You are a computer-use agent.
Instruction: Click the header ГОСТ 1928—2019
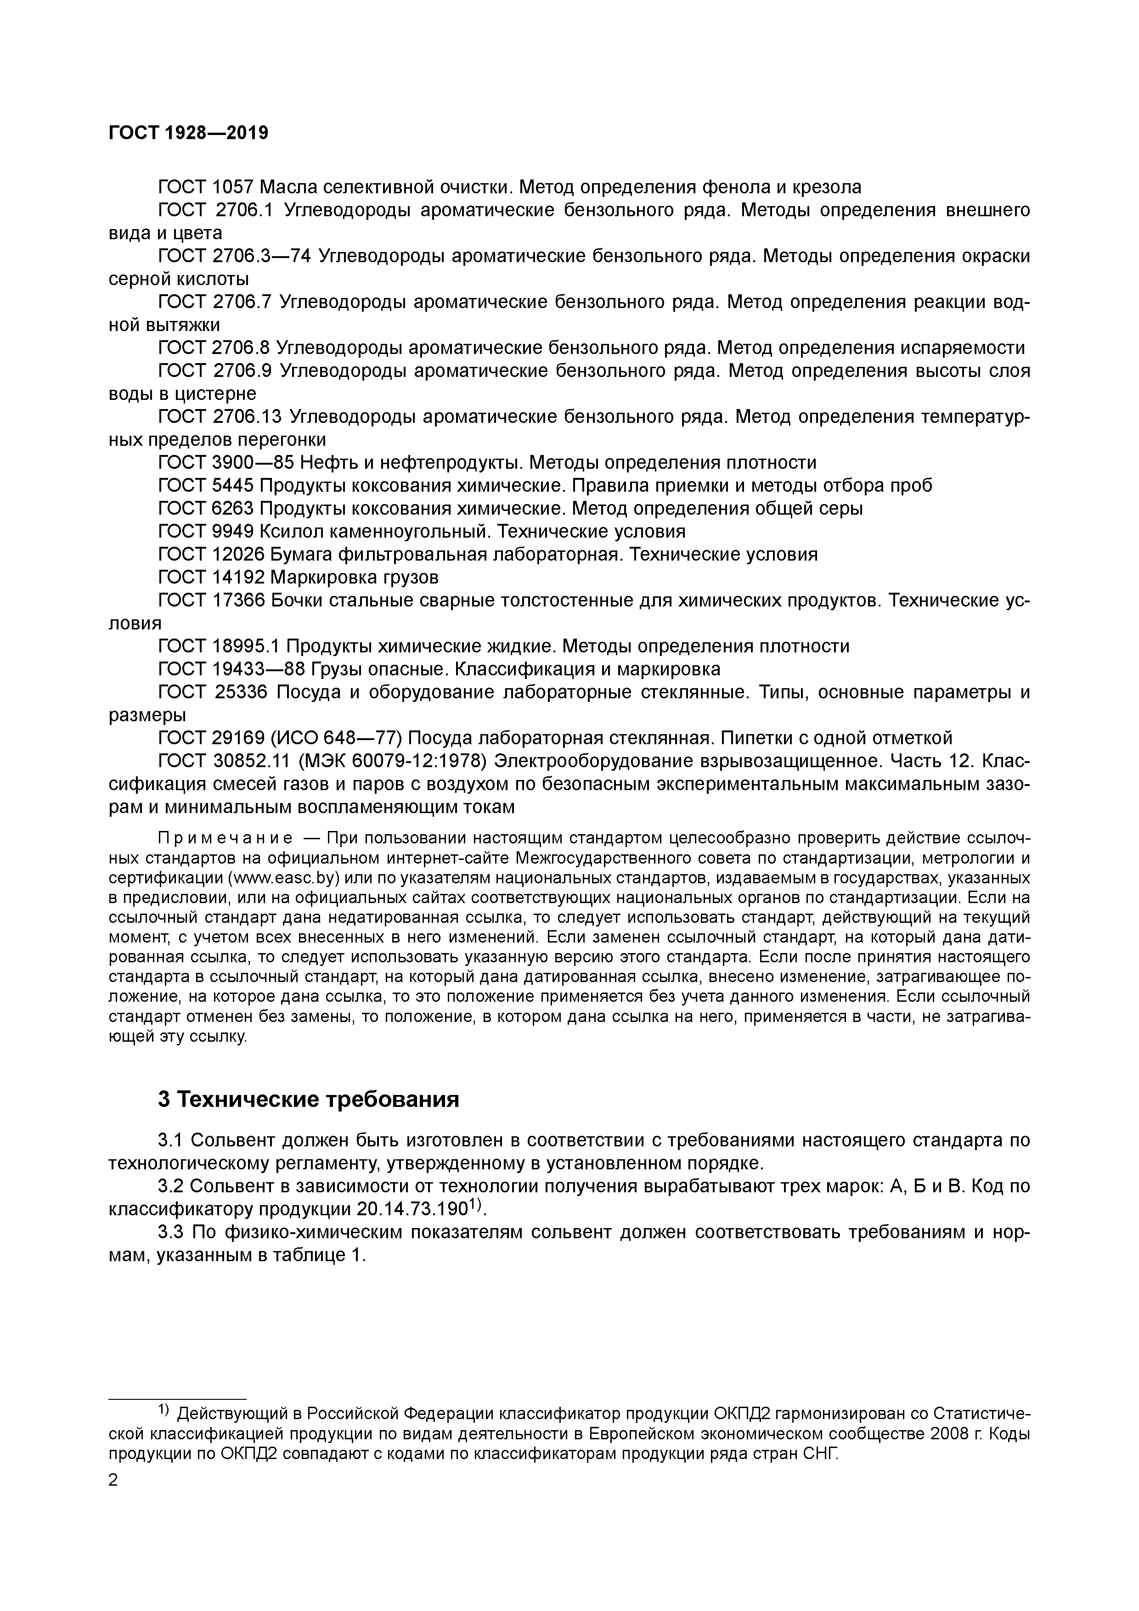(x=189, y=133)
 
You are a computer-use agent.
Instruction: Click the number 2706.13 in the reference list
(x=246, y=417)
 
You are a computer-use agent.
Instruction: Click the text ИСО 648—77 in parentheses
(x=335, y=738)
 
